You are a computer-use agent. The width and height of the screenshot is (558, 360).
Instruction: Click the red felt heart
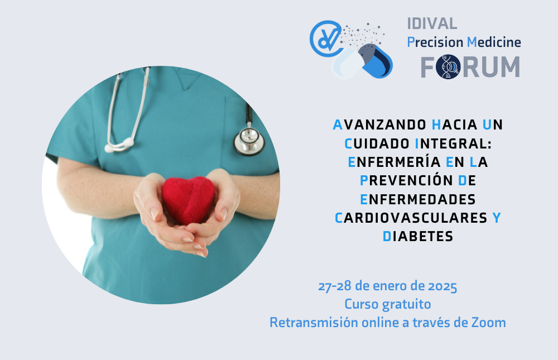[188, 200]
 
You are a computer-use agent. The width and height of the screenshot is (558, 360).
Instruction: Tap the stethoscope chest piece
[249, 141]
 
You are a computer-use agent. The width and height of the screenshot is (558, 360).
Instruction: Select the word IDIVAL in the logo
[432, 24]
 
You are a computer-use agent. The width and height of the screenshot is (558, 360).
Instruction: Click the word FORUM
[470, 66]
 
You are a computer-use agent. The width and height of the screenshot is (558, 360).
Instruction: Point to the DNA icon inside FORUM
[448, 66]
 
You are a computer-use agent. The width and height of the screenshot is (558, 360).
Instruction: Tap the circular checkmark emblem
[326, 39]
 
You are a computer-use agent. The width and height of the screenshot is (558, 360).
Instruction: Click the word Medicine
[494, 42]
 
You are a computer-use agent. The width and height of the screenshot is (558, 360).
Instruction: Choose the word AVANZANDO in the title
[379, 125]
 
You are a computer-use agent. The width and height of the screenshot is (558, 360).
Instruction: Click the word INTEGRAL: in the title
[453, 143]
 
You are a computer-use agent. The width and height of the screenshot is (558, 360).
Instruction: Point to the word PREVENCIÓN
[406, 180]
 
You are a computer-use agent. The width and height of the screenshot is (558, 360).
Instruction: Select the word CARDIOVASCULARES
[411, 218]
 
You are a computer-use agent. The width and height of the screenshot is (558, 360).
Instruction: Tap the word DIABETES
[418, 237]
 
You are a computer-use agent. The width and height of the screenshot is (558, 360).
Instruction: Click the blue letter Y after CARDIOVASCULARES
[497, 218]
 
